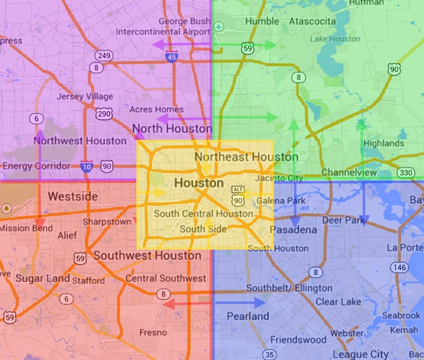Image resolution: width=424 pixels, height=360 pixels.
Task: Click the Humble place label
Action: (x=244, y=21)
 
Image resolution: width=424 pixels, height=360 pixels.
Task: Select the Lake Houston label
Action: (x=335, y=39)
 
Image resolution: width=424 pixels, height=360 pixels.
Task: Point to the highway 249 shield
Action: (x=105, y=56)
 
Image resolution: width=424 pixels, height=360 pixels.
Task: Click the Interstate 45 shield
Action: (x=171, y=57)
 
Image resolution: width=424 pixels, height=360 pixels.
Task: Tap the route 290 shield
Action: (x=104, y=114)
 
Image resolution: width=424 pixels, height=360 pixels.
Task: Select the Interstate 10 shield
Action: (x=87, y=167)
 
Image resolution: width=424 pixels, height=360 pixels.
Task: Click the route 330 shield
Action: (x=406, y=172)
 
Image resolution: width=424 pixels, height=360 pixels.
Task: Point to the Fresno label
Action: (x=153, y=332)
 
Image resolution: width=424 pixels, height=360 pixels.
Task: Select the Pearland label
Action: (x=247, y=316)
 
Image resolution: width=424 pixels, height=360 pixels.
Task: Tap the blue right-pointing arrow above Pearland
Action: (x=240, y=302)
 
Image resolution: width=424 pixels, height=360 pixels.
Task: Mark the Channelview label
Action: (x=349, y=173)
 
